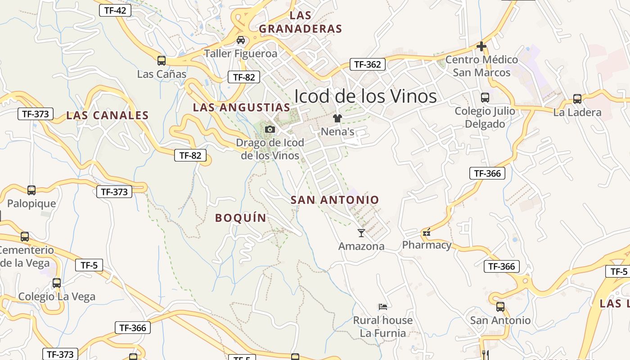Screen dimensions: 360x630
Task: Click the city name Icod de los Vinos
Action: click(365, 96)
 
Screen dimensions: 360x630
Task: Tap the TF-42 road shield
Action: click(115, 10)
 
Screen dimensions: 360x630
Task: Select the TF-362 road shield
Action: click(367, 64)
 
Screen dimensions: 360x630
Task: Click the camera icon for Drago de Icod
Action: click(270, 130)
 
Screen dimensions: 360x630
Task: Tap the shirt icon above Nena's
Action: click(337, 118)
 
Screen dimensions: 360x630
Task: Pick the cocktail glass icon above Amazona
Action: click(361, 233)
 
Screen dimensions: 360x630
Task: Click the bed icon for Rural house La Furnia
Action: click(383, 307)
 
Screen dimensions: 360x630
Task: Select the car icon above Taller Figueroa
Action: click(241, 40)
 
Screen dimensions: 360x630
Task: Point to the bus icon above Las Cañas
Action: click(161, 60)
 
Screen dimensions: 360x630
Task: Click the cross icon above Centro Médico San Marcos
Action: click(481, 46)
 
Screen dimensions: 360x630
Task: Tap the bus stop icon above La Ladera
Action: click(577, 99)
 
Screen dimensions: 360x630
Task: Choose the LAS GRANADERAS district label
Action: click(301, 22)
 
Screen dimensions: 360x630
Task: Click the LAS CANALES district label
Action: click(107, 116)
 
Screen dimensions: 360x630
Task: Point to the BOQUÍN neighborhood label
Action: click(241, 218)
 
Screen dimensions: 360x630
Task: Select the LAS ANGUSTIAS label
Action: click(242, 108)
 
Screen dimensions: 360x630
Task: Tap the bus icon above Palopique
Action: click(31, 190)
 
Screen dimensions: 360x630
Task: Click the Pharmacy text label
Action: click(427, 245)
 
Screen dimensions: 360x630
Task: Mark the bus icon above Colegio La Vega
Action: click(57, 283)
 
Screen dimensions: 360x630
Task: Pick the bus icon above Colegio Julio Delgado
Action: click(485, 97)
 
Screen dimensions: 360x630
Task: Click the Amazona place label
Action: click(361, 246)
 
